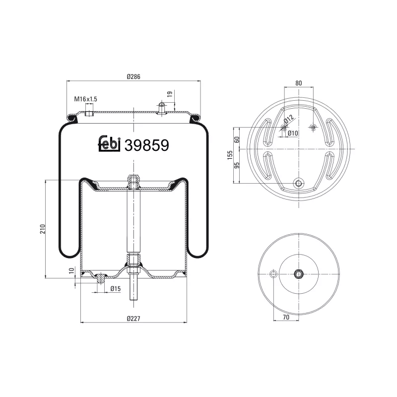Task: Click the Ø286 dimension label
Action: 133,76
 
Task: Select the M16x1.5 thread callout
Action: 86,99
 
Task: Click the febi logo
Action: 110,144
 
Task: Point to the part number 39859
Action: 147,145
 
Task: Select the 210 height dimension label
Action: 43,229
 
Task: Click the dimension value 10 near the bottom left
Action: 72,270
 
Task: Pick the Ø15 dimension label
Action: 116,289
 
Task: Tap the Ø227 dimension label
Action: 133,318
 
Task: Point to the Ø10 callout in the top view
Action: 292,133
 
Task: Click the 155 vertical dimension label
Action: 230,155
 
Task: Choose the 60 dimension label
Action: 237,139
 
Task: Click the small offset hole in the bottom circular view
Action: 272,274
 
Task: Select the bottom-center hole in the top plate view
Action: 298,183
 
